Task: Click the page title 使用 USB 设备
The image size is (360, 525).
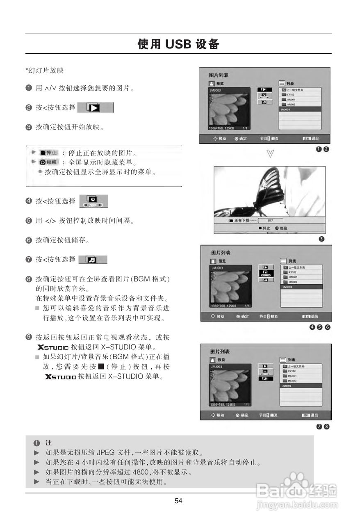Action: tap(178, 44)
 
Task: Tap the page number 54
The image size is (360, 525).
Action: tap(178, 501)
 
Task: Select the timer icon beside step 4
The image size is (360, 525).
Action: tap(94, 201)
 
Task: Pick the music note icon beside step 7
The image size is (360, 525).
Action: tap(93, 260)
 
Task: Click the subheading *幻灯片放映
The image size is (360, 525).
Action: tap(44, 70)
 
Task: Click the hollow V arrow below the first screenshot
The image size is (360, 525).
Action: tap(270, 154)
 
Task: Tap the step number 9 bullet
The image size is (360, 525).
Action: tap(28, 337)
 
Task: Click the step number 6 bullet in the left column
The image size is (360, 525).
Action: tap(28, 240)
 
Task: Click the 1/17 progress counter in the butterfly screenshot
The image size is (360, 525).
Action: tap(270, 220)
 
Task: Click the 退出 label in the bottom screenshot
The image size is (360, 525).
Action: tap(314, 415)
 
